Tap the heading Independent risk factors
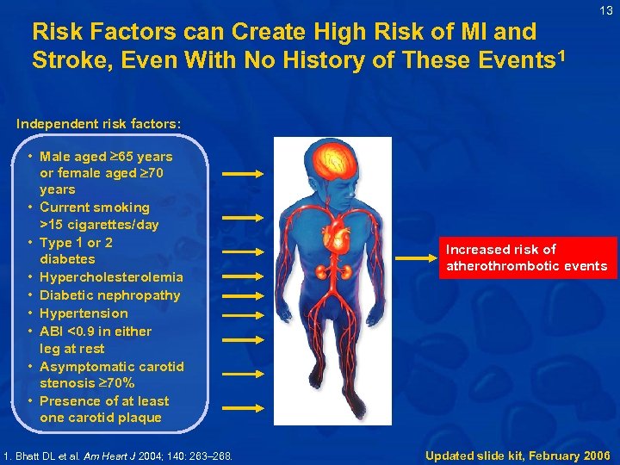pos(98,123)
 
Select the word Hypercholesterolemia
pos(111,277)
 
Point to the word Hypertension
pos(84,313)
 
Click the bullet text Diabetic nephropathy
pos(109,295)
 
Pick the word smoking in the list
pos(121,208)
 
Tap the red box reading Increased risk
pos(525,257)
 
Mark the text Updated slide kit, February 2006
pos(517,455)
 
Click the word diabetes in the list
pos(67,259)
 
